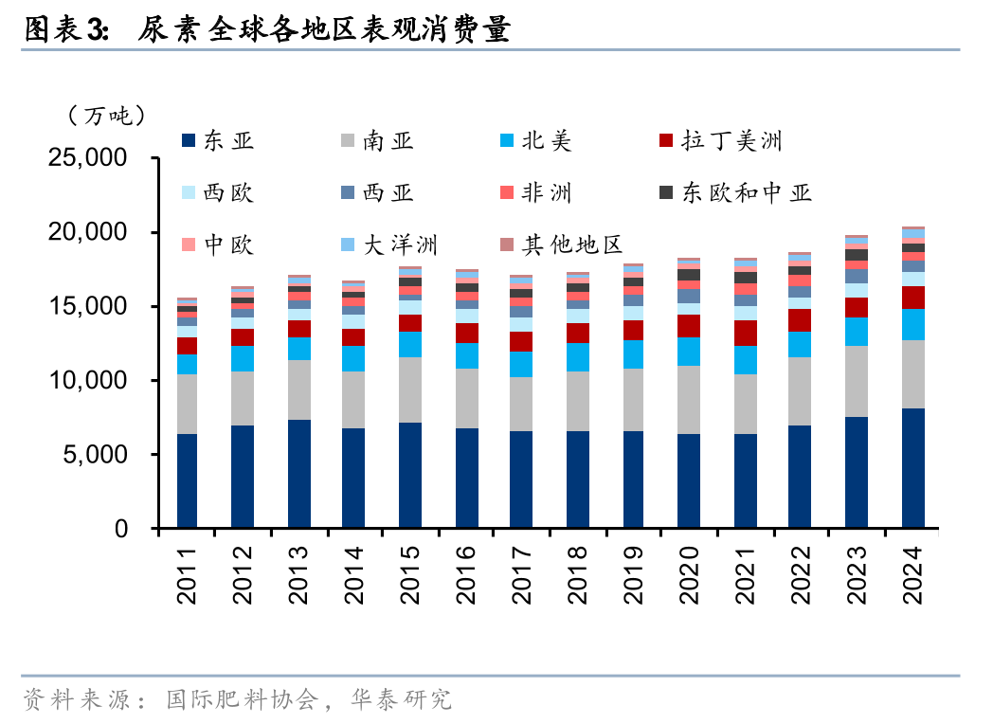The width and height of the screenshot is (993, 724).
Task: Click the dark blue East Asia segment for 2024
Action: pyautogui.click(x=912, y=468)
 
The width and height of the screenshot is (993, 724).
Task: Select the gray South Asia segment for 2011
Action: pyautogui.click(x=187, y=404)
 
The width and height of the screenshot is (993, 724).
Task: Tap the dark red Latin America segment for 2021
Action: pyautogui.click(x=746, y=333)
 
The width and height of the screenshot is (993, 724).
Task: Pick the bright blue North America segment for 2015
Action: pyautogui.click(x=410, y=344)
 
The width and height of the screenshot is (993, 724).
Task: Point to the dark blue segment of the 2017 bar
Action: pyautogui.click(x=522, y=480)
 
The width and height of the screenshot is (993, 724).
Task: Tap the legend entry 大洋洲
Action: pyautogui.click(x=402, y=245)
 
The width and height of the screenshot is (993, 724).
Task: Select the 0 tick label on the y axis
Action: pyautogui.click(x=120, y=530)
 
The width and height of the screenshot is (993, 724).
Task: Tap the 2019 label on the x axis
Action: pyautogui.click(x=634, y=575)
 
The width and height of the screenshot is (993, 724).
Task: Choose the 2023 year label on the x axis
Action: pyautogui.click(x=857, y=575)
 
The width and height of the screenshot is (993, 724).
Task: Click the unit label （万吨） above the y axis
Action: pyautogui.click(x=106, y=116)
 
